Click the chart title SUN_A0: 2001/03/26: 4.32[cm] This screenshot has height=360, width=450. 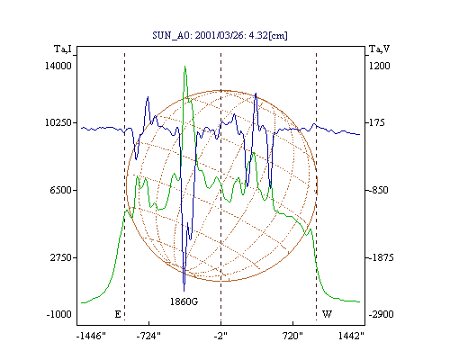click(x=220, y=35)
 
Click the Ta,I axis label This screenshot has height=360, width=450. click(x=63, y=49)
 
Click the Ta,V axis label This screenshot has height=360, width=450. click(x=380, y=49)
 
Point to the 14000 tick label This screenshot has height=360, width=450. click(x=58, y=66)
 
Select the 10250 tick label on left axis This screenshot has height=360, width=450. click(x=58, y=122)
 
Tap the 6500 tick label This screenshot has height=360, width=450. click(x=61, y=190)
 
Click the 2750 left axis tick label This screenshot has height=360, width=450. click(x=61, y=257)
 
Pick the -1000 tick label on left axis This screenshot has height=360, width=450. click(x=59, y=314)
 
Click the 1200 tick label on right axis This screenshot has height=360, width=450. click(x=379, y=66)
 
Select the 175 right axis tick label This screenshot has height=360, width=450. click(x=376, y=122)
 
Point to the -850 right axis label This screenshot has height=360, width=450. click(x=379, y=190)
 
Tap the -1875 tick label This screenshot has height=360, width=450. click(x=381, y=257)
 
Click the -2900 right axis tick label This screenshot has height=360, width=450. click(x=381, y=314)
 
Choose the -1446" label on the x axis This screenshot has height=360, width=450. click(x=91, y=336)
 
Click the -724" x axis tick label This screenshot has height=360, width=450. click(x=148, y=336)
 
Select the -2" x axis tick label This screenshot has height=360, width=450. click(x=220, y=336)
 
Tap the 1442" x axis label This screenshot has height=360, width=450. click(x=351, y=336)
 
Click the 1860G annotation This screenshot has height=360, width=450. click(x=184, y=301)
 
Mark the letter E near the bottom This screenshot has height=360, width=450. click(x=118, y=314)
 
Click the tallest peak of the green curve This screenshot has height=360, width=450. click(x=184, y=67)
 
